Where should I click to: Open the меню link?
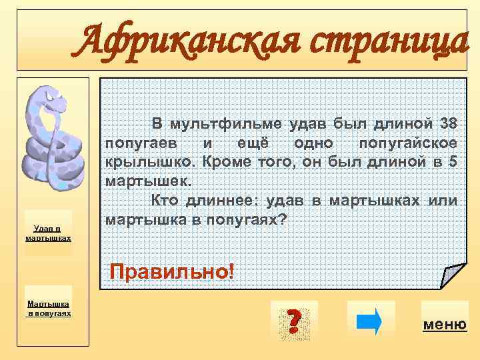[444, 325]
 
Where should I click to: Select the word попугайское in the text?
[407, 143]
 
